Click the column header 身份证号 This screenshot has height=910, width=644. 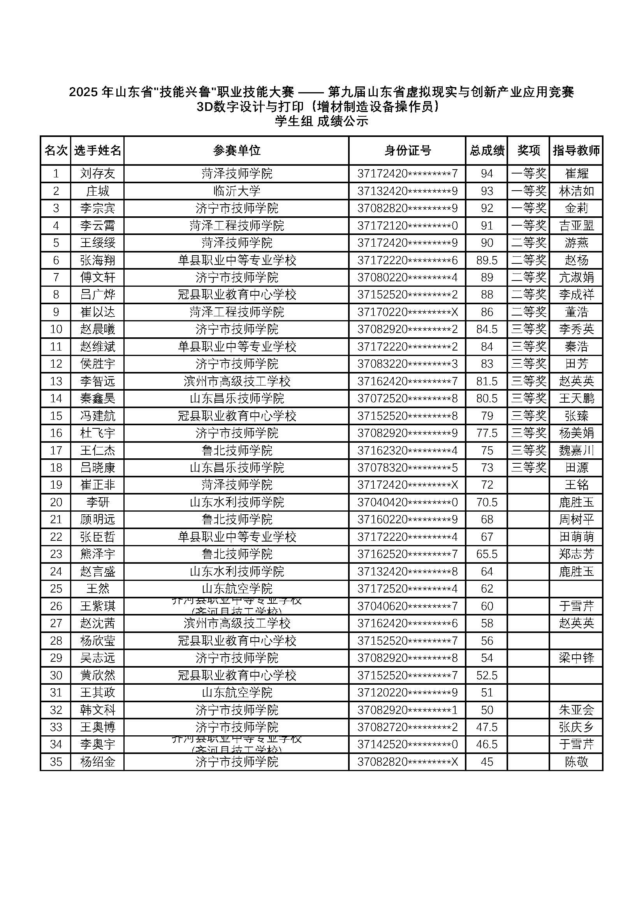(407, 151)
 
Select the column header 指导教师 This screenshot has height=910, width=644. (576, 151)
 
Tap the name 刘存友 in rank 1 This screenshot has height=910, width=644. (98, 174)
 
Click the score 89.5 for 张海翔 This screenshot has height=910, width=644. (487, 260)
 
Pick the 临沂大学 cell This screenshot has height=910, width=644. (237, 191)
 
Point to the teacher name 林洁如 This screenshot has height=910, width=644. (576, 191)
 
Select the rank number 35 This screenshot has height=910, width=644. (56, 762)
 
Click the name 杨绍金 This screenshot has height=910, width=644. (98, 762)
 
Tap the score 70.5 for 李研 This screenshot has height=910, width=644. (487, 502)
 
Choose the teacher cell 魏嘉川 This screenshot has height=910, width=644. (576, 450)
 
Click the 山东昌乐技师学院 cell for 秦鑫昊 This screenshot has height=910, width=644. (237, 398)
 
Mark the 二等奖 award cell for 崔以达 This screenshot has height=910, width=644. (529, 312)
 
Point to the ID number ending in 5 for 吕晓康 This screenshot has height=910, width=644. (407, 468)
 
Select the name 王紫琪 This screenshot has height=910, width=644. (98, 606)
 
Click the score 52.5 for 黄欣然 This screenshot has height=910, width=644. (487, 675)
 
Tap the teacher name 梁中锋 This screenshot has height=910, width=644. (576, 658)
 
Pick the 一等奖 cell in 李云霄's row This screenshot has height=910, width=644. (529, 226)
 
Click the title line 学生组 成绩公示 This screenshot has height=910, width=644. (322, 121)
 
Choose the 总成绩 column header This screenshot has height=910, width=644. (487, 151)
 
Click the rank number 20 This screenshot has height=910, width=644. (56, 502)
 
